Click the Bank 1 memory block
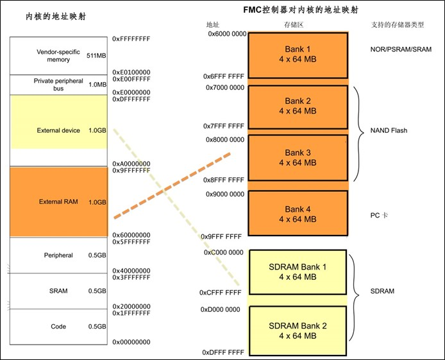[x=298, y=55]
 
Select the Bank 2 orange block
[x=298, y=106]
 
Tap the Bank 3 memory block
[x=298, y=157]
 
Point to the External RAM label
[x=58, y=201]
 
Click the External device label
[x=58, y=130]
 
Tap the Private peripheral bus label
[x=58, y=85]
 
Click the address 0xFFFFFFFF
[x=131, y=39]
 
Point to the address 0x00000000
[x=131, y=342]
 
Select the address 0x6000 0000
[x=226, y=33]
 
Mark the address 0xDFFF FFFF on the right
[x=222, y=352]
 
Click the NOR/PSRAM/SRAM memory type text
[x=401, y=49]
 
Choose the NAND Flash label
[x=389, y=130]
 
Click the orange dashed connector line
[x=172, y=186]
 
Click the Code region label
[x=58, y=327]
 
